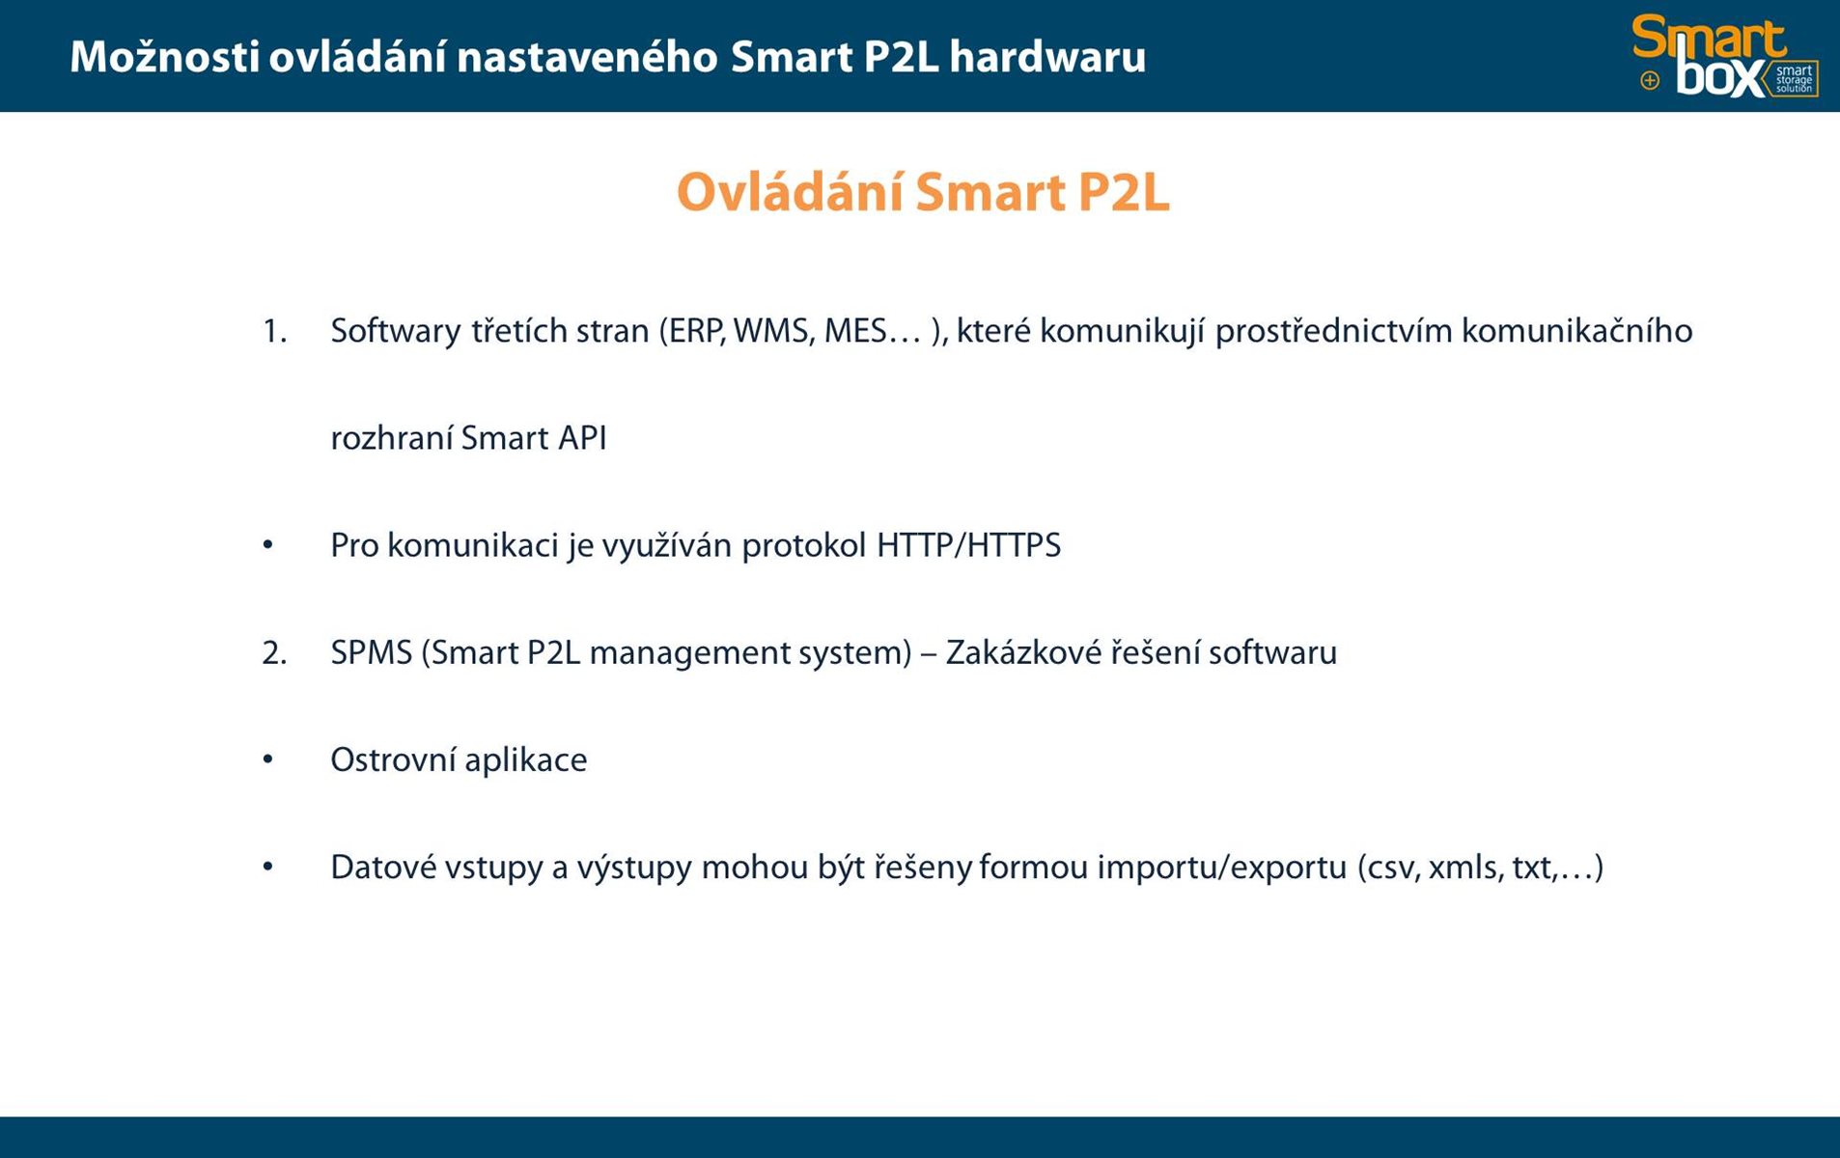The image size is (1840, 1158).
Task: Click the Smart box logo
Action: point(1724,56)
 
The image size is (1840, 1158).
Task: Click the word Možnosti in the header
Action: point(165,57)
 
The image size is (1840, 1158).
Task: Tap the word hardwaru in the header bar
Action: point(1047,57)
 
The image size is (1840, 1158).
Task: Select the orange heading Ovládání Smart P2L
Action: point(923,191)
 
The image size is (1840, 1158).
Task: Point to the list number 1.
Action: point(274,332)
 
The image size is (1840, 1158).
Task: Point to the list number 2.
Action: point(274,653)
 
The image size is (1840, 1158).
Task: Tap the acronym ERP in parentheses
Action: point(692,332)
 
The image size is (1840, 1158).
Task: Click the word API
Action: point(582,439)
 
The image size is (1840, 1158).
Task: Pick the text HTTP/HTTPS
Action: point(968,546)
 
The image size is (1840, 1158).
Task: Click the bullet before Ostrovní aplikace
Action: point(267,760)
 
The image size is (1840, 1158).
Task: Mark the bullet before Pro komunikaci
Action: point(267,545)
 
